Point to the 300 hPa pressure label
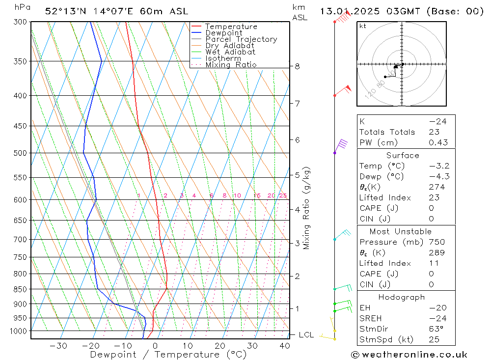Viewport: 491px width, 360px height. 21,22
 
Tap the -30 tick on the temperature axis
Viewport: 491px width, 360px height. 58,346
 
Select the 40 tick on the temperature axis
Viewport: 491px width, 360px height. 284,346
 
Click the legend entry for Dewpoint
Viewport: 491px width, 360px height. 223,33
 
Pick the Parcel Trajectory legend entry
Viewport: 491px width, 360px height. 241,39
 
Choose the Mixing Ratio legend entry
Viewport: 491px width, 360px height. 231,64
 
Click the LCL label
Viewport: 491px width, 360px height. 306,335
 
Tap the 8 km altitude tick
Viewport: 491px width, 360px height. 298,66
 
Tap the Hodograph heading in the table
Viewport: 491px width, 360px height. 402,297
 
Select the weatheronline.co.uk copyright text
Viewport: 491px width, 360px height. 409,355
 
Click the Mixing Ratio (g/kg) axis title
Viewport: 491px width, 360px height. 307,208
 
